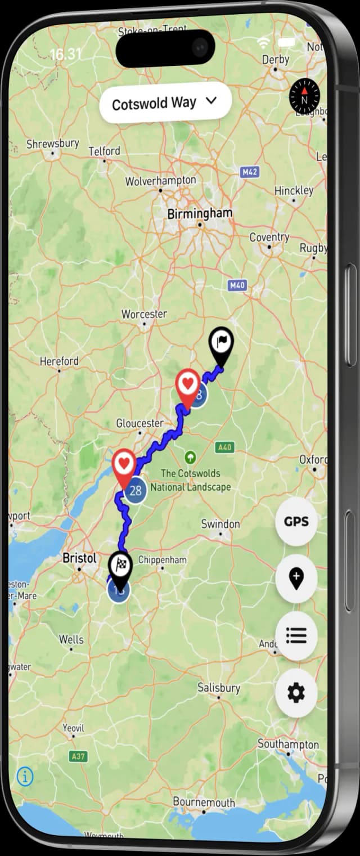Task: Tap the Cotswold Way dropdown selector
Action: (x=165, y=103)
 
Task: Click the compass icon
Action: (x=304, y=96)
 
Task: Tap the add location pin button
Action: (x=296, y=579)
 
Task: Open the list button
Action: (x=296, y=636)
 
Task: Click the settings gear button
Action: (x=296, y=693)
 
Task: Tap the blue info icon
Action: (x=25, y=777)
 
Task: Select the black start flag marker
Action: (x=221, y=345)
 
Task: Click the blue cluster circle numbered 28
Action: (x=135, y=490)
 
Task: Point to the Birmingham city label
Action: (x=200, y=213)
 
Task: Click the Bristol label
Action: (x=79, y=558)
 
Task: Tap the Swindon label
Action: (x=220, y=524)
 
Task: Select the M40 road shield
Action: (x=237, y=285)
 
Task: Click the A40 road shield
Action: (x=224, y=447)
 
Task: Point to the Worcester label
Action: (x=144, y=313)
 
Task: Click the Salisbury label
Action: (x=219, y=688)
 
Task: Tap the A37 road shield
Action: (x=78, y=757)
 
